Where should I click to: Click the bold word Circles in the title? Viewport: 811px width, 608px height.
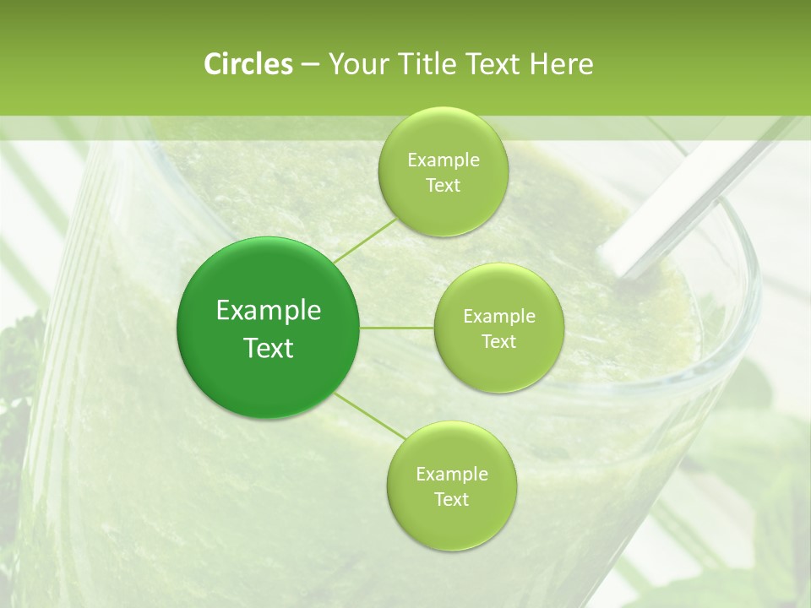248,64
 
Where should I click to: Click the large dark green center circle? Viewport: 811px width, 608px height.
269,328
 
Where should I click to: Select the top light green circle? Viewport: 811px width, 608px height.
443,171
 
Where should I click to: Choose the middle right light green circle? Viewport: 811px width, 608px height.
499,328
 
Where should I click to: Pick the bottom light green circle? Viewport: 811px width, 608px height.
451,486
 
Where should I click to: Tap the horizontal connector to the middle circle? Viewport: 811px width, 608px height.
397,328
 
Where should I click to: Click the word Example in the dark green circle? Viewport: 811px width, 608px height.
269,311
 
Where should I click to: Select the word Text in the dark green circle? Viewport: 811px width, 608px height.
269,348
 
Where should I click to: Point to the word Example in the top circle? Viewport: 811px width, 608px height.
444,160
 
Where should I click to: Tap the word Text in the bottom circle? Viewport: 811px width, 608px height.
451,499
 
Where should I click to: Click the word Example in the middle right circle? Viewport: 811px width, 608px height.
499,317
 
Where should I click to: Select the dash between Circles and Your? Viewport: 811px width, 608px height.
310,64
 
